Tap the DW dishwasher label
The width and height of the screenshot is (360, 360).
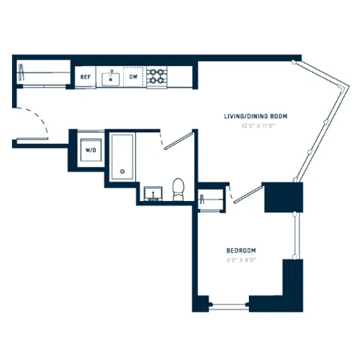pos(133,76)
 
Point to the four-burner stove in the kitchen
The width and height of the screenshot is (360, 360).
pos(157,76)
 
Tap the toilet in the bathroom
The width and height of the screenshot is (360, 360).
pos(178,189)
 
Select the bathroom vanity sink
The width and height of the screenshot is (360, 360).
pos(154,195)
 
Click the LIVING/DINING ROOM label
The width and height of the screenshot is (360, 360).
pos(256,117)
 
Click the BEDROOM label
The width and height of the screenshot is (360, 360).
pos(241,250)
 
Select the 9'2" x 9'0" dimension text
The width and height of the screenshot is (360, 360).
pos(241,260)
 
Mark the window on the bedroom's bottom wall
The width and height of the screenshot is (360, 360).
pos(229,304)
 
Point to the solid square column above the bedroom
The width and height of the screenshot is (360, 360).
pos(285,196)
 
